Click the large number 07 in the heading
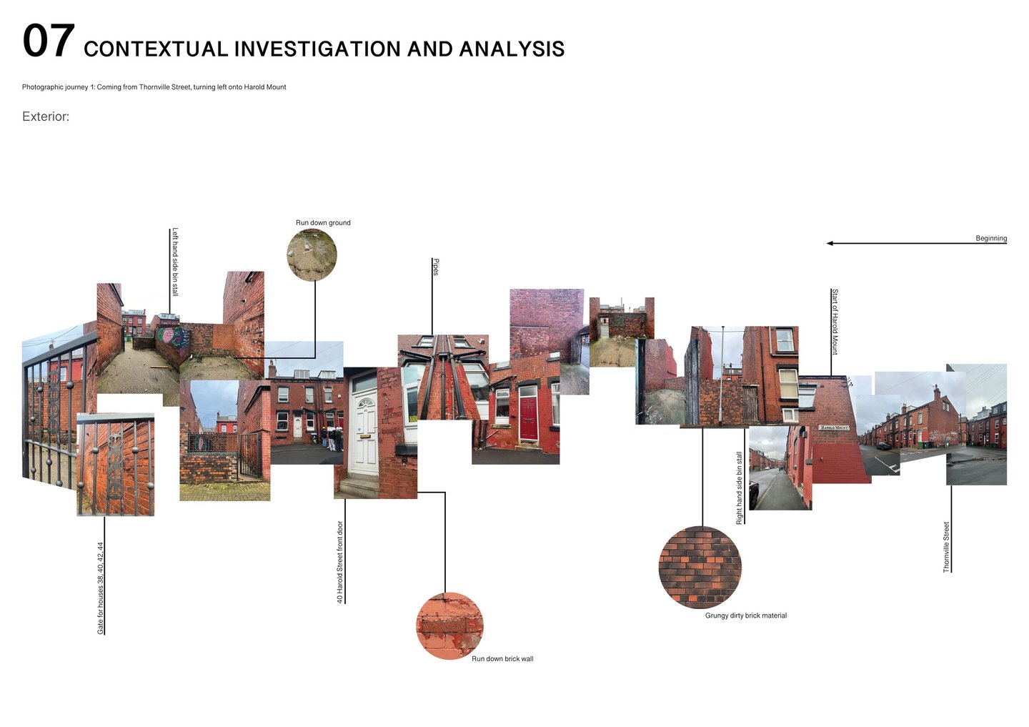click(x=48, y=41)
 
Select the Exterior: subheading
click(x=46, y=117)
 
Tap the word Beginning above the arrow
click(x=991, y=238)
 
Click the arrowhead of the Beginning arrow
click(x=830, y=243)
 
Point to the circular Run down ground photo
click(x=312, y=255)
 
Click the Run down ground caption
click(x=323, y=223)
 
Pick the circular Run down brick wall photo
click(x=449, y=625)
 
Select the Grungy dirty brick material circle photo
click(x=700, y=568)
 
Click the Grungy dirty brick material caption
click(x=745, y=615)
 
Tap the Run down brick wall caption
click(x=502, y=659)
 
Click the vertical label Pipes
click(x=436, y=267)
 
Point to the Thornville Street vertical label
click(x=946, y=547)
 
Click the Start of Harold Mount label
click(x=835, y=322)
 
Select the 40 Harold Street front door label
click(x=340, y=562)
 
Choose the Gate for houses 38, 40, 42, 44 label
click(x=101, y=588)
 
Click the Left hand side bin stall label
click(x=175, y=262)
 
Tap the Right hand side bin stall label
click(x=740, y=488)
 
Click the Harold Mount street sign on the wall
click(x=834, y=427)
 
